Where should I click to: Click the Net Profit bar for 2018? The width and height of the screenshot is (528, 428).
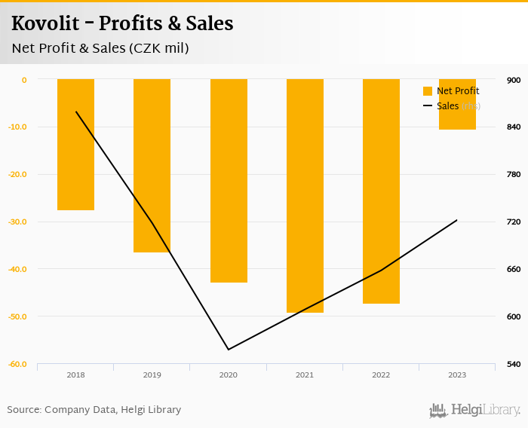coord(75,145)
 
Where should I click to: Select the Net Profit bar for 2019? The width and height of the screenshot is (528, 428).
coord(152,166)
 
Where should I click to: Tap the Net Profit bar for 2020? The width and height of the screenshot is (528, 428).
coord(229,181)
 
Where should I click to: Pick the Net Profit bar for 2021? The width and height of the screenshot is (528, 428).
coord(305,196)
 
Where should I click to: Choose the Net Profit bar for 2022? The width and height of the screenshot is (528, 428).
coord(381,191)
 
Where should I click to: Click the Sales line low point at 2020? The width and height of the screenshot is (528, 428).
coord(229,350)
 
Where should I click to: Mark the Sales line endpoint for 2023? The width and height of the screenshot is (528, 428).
coord(457,220)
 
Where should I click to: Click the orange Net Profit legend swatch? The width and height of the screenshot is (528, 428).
coord(428,91)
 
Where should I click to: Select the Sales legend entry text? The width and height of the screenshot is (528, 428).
coord(447,106)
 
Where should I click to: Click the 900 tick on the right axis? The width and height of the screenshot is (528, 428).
coord(514,80)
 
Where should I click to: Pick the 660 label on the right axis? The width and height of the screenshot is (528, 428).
coord(514,269)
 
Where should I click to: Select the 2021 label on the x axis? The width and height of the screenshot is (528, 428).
coord(305,374)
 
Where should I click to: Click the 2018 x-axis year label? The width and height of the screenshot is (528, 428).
coord(75,374)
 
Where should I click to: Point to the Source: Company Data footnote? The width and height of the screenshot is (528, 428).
coord(94,410)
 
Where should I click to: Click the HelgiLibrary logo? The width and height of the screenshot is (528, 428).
coord(475,410)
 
